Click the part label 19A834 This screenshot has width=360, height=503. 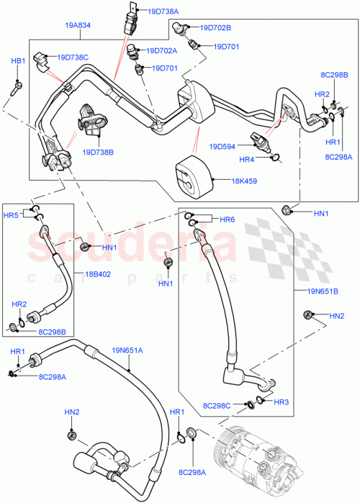pyautogui.click(x=77, y=24)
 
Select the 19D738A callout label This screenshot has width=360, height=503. pyautogui.click(x=163, y=11)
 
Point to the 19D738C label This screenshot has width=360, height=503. pyautogui.click(x=73, y=57)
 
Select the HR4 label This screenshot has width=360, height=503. pyautogui.click(x=247, y=159)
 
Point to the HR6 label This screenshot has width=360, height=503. pyautogui.click(x=228, y=219)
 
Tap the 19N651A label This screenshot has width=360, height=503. pyautogui.click(x=127, y=350)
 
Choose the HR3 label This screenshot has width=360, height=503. pyautogui.click(x=282, y=402)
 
